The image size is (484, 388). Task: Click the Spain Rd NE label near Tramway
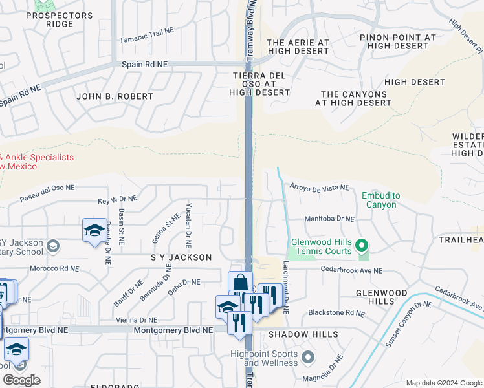point(144,65)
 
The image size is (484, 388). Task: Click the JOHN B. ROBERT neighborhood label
point(115,96)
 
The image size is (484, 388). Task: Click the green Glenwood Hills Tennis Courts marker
point(362,246)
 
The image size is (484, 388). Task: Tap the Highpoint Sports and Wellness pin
point(308,357)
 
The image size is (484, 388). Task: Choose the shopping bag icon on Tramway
point(240,283)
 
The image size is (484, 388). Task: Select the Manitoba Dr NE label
point(329,219)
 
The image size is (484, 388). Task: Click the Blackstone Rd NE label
point(336,312)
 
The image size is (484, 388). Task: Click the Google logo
point(21,380)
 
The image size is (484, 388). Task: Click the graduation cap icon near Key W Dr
point(94,231)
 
